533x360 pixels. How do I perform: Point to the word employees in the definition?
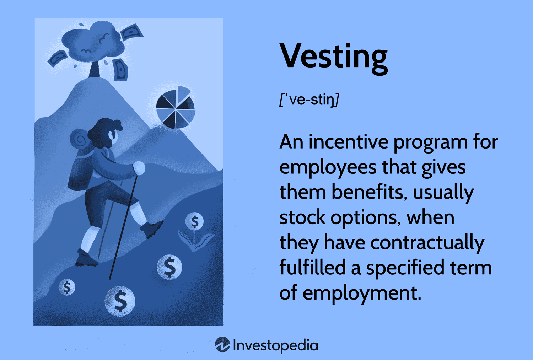328,168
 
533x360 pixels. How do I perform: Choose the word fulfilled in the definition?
312,268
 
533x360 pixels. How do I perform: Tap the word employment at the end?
362,294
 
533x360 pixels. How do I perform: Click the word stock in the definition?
302,217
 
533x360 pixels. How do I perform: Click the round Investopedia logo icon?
222,344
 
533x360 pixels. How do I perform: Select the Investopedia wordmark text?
275,345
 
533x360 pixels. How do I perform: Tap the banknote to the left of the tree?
58,58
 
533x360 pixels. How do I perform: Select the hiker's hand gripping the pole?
139,168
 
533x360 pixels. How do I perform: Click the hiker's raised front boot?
152,229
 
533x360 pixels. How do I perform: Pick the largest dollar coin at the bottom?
120,301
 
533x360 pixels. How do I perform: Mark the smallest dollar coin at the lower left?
67,287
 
